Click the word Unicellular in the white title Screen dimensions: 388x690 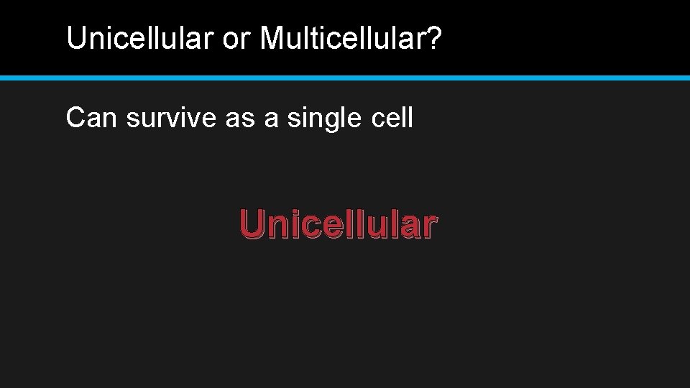pyautogui.click(x=140, y=39)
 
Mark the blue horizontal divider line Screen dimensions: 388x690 pyautogui.click(x=345, y=77)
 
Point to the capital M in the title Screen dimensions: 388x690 pyautogui.click(x=272, y=39)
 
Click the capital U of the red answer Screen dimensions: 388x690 pyautogui.click(x=252, y=223)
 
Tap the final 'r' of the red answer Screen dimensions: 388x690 pyautogui.click(x=428, y=226)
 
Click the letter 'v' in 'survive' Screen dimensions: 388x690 pyautogui.click(x=179, y=119)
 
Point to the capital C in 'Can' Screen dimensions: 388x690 pyautogui.click(x=75, y=118)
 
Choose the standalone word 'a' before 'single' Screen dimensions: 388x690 pyautogui.click(x=271, y=119)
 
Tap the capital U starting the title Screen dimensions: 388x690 pyautogui.click(x=75, y=39)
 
